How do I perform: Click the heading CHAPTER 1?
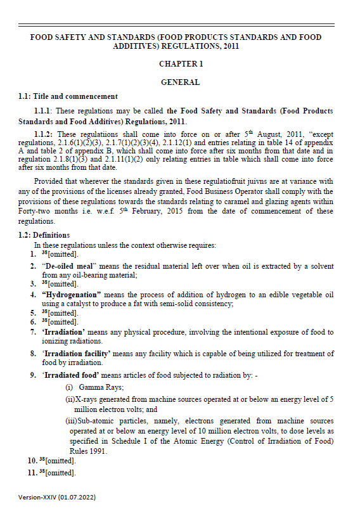[x=181, y=65]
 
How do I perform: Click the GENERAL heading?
[x=181, y=82]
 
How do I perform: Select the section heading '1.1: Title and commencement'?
[x=68, y=96]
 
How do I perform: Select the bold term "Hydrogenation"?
[x=72, y=295]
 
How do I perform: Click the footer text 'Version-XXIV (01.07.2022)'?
[x=57, y=498]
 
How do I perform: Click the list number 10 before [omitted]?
[x=24, y=461]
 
